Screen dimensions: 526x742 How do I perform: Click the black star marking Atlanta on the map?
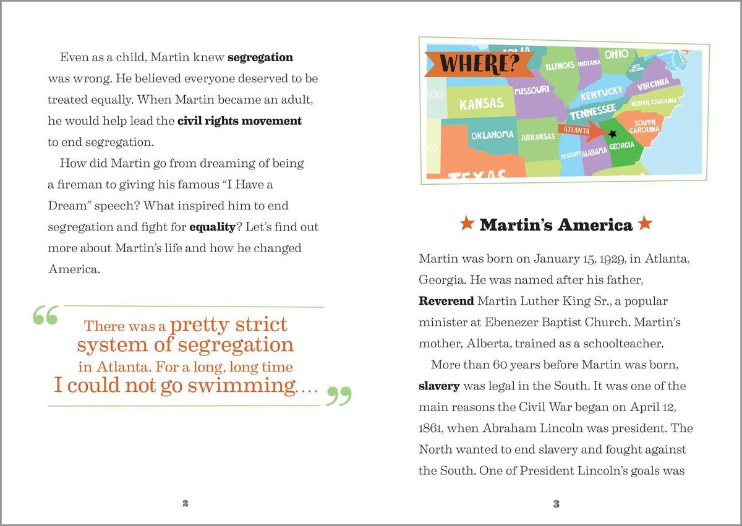coord(613,134)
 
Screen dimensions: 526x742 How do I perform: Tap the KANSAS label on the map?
coord(481,103)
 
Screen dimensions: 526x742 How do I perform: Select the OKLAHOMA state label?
coord(492,135)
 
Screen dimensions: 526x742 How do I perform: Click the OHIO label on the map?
coord(616,54)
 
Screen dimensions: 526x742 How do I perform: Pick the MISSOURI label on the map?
coord(532,90)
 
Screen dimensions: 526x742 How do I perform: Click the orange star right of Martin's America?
coord(645,224)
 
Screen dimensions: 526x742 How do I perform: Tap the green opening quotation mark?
coord(45,316)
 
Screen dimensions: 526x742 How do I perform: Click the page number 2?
coord(185,504)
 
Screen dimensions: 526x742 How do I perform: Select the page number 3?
coord(556,504)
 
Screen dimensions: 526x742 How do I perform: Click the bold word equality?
coord(212,227)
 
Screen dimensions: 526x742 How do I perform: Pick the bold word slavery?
coord(439,386)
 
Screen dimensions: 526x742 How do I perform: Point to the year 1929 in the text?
coord(558,259)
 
